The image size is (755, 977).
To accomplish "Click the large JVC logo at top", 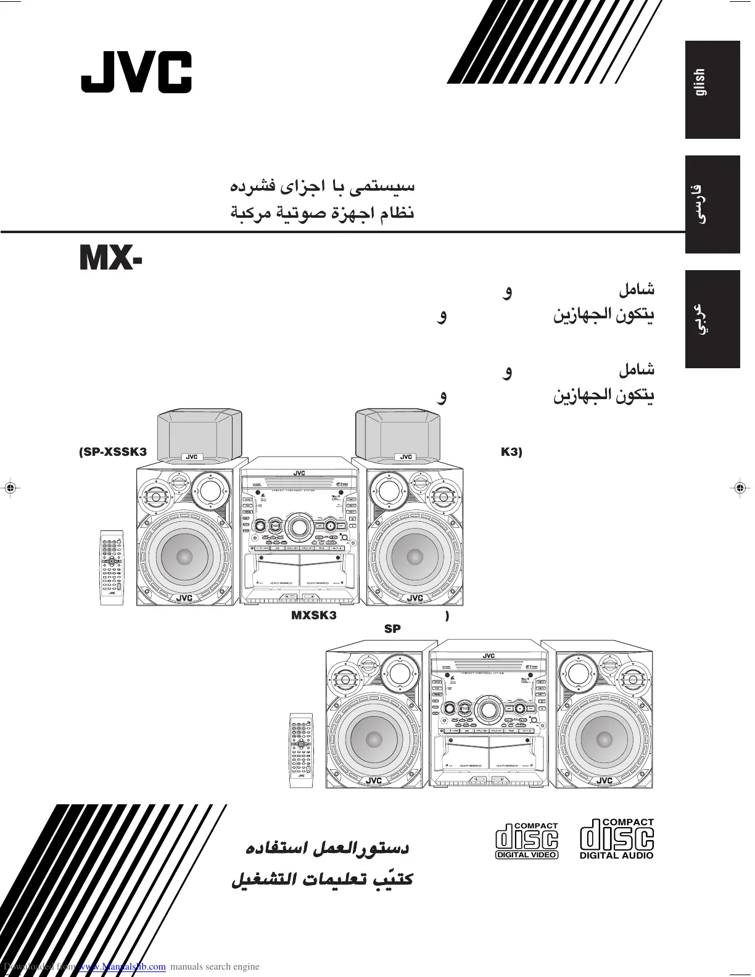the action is [x=136, y=72].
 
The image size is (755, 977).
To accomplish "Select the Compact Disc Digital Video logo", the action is [x=527, y=839].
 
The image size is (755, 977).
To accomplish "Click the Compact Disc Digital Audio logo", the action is [x=616, y=839].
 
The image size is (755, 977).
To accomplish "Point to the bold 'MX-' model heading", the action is [x=112, y=259].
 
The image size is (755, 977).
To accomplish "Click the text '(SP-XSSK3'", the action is [x=113, y=452].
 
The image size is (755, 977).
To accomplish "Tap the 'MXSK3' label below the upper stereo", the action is [x=314, y=616].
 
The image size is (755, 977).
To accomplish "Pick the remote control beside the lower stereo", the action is [x=302, y=749].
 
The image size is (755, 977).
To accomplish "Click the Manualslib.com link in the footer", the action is [x=123, y=967].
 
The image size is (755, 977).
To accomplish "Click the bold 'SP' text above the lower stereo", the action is [x=392, y=629].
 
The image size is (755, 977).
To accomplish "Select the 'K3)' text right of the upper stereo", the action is [x=511, y=452].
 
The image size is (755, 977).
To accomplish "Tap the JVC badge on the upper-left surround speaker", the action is [x=191, y=457].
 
